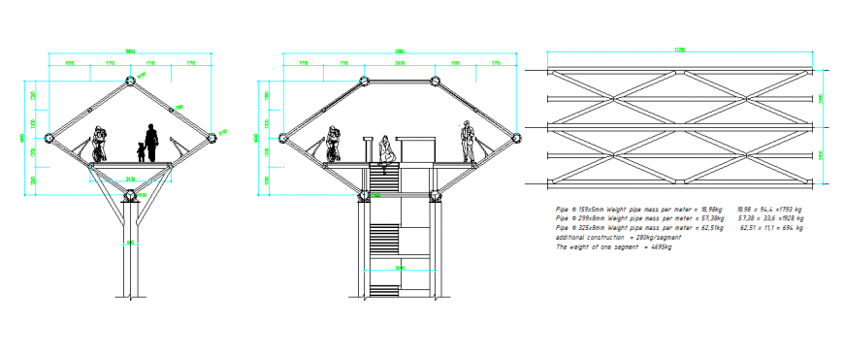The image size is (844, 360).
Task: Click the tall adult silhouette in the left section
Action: pos(151,143)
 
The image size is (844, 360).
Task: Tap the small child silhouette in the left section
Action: pos(141,151)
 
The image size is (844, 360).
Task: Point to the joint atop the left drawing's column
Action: pos(130,195)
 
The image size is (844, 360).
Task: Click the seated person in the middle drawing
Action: pos(386,149)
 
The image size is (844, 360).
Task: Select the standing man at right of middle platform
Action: pos(468,141)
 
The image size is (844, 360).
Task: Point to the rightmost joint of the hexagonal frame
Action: pos(515,138)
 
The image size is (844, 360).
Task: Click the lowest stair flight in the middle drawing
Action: pos(385,278)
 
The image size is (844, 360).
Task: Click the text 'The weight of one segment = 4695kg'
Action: pos(613,247)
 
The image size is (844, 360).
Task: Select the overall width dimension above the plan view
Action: pos(679,49)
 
